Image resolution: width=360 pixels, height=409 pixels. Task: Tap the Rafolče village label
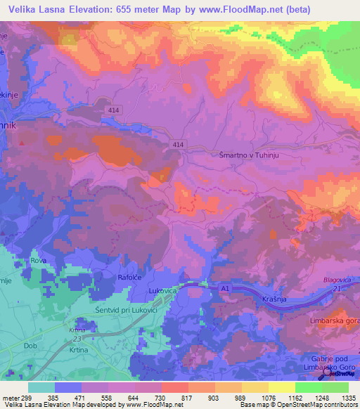(x=131, y=278)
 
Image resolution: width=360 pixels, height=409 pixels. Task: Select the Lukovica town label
(x=166, y=290)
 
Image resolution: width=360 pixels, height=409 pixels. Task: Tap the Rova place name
(x=38, y=261)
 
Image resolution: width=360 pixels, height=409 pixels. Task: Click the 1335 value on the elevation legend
(x=347, y=397)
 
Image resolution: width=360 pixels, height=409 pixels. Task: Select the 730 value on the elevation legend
(x=160, y=397)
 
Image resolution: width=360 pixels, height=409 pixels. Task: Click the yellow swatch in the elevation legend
(x=281, y=387)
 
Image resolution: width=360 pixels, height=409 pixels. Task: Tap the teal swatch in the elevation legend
(x=41, y=387)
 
